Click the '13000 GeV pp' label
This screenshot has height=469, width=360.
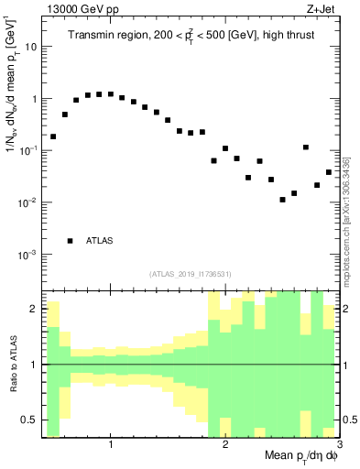coord(75,10)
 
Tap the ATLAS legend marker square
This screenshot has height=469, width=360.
coord(71,241)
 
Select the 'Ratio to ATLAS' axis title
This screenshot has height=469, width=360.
coord(12,365)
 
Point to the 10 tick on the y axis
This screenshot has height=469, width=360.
coord(31,46)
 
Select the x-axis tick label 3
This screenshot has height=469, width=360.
coord(338,444)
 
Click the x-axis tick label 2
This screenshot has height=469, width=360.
coord(225,444)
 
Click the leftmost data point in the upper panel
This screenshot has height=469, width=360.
coord(53,136)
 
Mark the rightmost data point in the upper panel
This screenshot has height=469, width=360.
coord(329,172)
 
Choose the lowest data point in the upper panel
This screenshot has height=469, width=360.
coord(283,200)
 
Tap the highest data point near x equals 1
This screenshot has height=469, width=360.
coord(111,93)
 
